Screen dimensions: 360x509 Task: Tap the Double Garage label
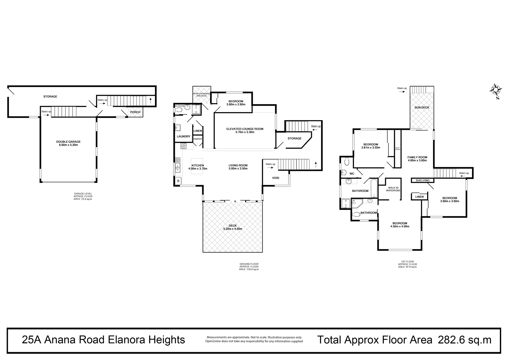point(68,142)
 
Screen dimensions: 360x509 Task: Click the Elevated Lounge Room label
point(245,129)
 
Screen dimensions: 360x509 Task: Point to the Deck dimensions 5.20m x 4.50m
point(232,229)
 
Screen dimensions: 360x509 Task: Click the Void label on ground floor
point(276,178)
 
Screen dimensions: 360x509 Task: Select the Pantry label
point(197,139)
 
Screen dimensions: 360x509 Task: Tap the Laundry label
point(183,137)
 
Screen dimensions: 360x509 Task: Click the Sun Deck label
point(422,107)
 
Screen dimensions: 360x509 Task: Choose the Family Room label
point(417,157)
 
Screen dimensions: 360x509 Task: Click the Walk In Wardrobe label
point(393,189)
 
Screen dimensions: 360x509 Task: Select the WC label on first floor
point(352,174)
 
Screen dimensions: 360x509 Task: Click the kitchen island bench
point(197,166)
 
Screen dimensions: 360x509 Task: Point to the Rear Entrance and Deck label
point(201,95)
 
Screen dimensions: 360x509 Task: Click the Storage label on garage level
point(50,96)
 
